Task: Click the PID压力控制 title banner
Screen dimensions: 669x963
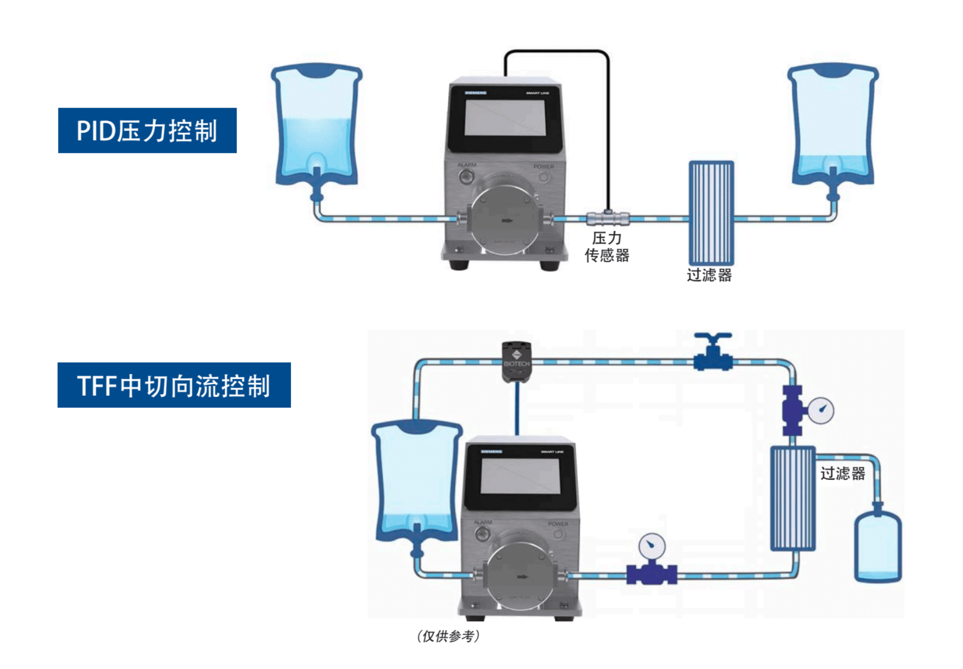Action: (x=147, y=130)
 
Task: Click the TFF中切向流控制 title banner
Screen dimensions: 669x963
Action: (x=174, y=385)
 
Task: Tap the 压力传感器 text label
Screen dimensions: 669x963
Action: (x=607, y=247)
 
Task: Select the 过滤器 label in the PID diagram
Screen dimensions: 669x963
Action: (x=709, y=275)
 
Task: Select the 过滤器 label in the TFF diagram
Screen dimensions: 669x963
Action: (x=842, y=474)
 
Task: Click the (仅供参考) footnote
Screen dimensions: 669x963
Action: (x=448, y=636)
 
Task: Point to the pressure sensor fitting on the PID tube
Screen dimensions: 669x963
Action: (x=608, y=218)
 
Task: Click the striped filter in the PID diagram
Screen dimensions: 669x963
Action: (x=711, y=213)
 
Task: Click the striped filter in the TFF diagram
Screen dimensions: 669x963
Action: (x=792, y=498)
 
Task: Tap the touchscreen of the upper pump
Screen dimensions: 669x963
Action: (x=505, y=118)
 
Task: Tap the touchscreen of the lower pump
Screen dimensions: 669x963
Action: (x=520, y=476)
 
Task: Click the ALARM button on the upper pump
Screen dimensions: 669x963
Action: (x=466, y=176)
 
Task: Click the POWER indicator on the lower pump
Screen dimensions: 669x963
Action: (x=558, y=535)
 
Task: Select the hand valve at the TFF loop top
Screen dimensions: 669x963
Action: (x=713, y=352)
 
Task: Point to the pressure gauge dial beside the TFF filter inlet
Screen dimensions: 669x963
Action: (x=821, y=410)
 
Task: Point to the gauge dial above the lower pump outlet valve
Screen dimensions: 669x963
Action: (x=652, y=546)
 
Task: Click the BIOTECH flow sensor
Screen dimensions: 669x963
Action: (x=517, y=361)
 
